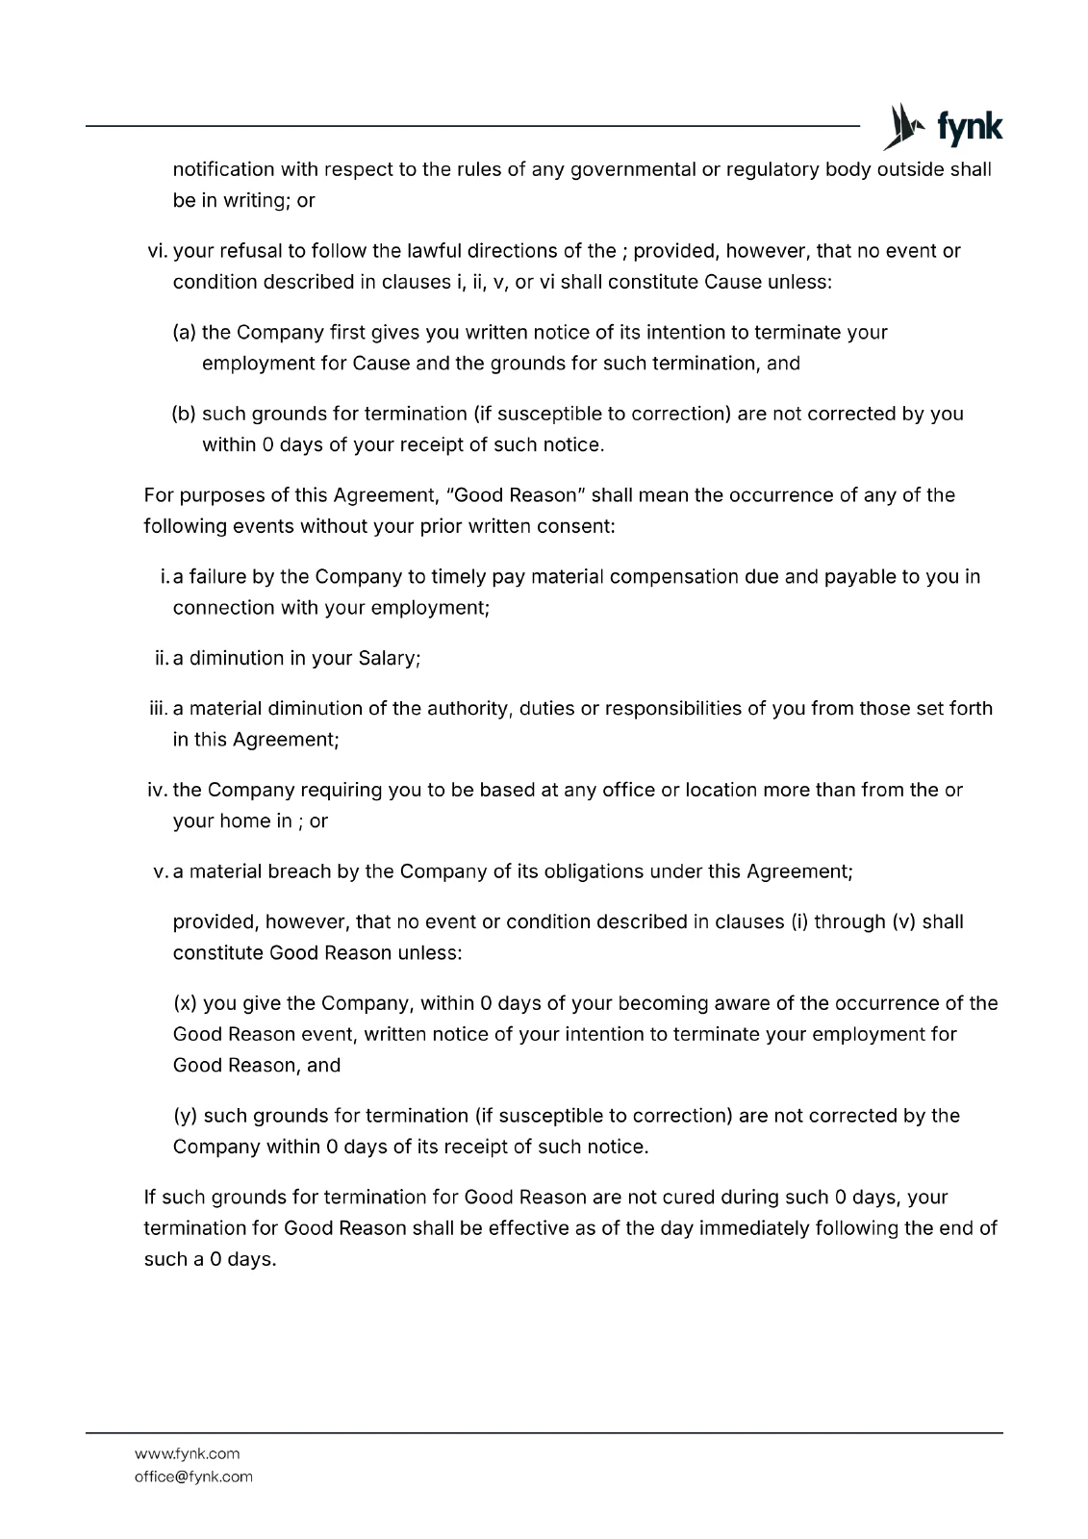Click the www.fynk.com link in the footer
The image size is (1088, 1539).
click(x=187, y=1453)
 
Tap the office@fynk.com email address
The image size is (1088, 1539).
click(x=193, y=1476)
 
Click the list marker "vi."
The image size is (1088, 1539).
click(x=158, y=251)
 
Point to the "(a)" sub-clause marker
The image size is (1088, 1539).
click(x=185, y=333)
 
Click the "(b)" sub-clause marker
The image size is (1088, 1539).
click(x=185, y=414)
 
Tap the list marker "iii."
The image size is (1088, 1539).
click(x=159, y=709)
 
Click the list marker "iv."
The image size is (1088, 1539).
click(x=158, y=791)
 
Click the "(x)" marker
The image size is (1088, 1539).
click(x=186, y=1004)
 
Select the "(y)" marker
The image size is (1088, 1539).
click(x=186, y=1116)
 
